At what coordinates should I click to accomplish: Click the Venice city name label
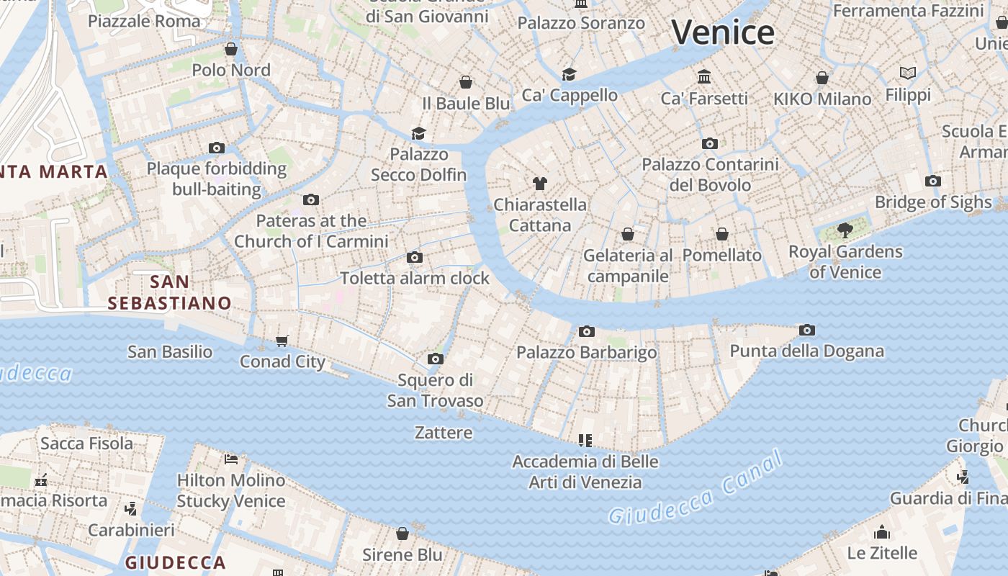coord(723,32)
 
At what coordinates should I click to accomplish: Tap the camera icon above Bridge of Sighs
coord(933,181)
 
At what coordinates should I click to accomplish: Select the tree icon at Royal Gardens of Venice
coord(845,230)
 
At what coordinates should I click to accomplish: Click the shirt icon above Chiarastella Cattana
coord(540,183)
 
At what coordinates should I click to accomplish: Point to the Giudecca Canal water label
coord(695,487)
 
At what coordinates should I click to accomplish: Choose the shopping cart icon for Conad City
coord(282,341)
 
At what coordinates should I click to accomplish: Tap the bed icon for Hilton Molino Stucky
coord(231,459)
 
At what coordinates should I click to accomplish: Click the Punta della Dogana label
coord(806,351)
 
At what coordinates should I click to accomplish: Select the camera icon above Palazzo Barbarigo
coord(587,331)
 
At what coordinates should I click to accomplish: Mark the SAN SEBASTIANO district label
coord(170,292)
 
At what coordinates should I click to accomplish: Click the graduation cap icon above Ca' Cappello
coord(570,74)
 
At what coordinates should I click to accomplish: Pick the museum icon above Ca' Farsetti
coord(704,77)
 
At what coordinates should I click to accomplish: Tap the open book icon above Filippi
coord(908,73)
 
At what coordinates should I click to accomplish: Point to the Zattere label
coord(444,433)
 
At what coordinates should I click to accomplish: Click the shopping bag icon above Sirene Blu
coord(402,534)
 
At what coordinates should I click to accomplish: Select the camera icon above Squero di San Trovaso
coord(436,359)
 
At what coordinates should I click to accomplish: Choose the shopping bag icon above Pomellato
coord(722,234)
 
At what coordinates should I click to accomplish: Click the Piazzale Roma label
coord(144,21)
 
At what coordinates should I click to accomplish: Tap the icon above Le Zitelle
coord(882,533)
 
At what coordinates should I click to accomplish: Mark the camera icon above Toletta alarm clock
coord(415,257)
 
